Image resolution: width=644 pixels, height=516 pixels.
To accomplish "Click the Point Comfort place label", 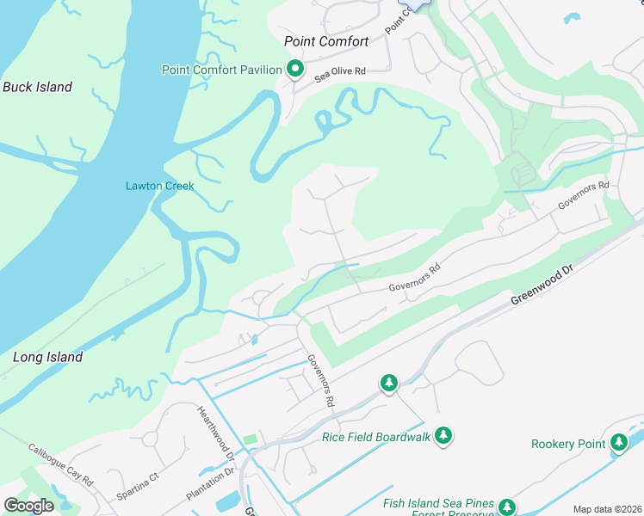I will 326,41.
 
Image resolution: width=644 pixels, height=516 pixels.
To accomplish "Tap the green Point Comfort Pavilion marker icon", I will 295,69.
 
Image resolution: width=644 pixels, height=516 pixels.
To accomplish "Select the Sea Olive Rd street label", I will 342,75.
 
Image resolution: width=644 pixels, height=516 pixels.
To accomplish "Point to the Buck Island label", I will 37,87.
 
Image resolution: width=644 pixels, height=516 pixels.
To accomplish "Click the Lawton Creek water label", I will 160,186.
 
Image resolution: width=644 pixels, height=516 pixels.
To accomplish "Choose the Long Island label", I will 48,357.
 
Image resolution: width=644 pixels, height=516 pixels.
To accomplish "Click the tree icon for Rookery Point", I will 618,443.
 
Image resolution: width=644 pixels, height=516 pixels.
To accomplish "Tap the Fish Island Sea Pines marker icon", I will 507,507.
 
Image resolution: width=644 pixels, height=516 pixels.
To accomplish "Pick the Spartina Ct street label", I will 138,486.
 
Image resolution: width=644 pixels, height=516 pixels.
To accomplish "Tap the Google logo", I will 28,506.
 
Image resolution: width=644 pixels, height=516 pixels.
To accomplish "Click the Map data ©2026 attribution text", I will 607,509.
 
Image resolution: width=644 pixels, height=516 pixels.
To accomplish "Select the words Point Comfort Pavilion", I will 222,70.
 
